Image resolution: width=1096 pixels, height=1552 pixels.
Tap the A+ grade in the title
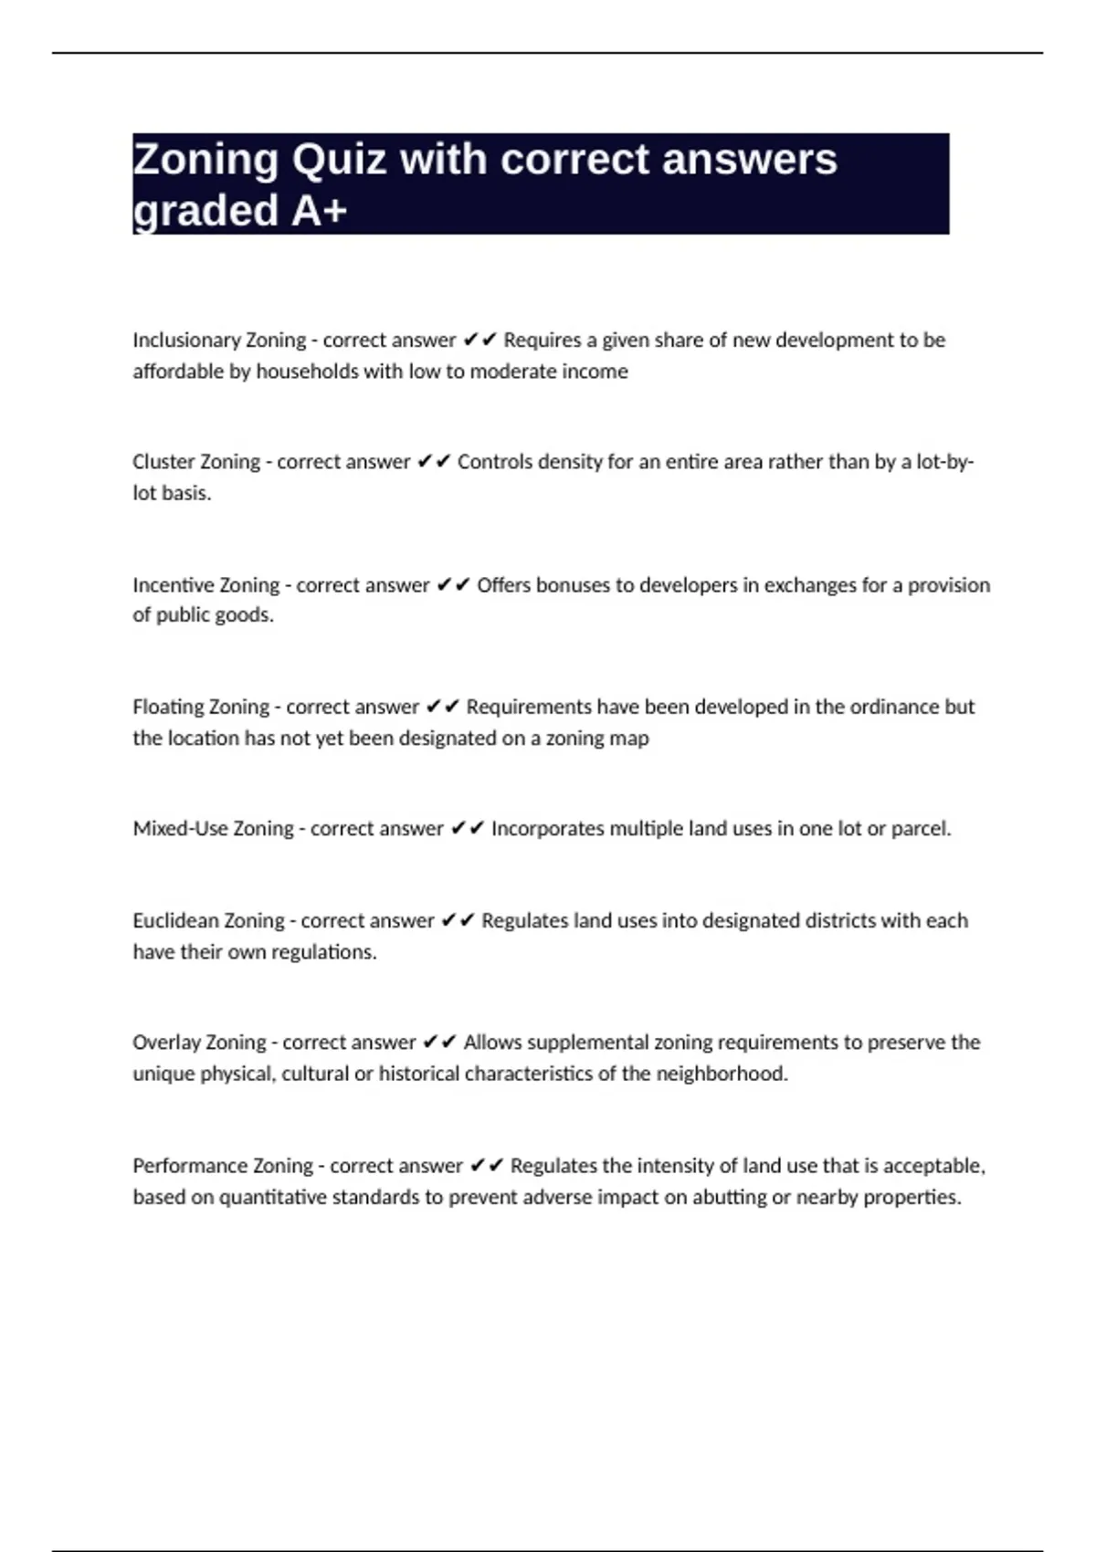point(320,211)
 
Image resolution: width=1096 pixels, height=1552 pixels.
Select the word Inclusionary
point(185,341)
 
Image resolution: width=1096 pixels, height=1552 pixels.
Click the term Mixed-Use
point(180,829)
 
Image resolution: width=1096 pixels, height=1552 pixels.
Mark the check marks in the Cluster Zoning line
point(434,462)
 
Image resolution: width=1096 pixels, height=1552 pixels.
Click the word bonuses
point(569,585)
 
